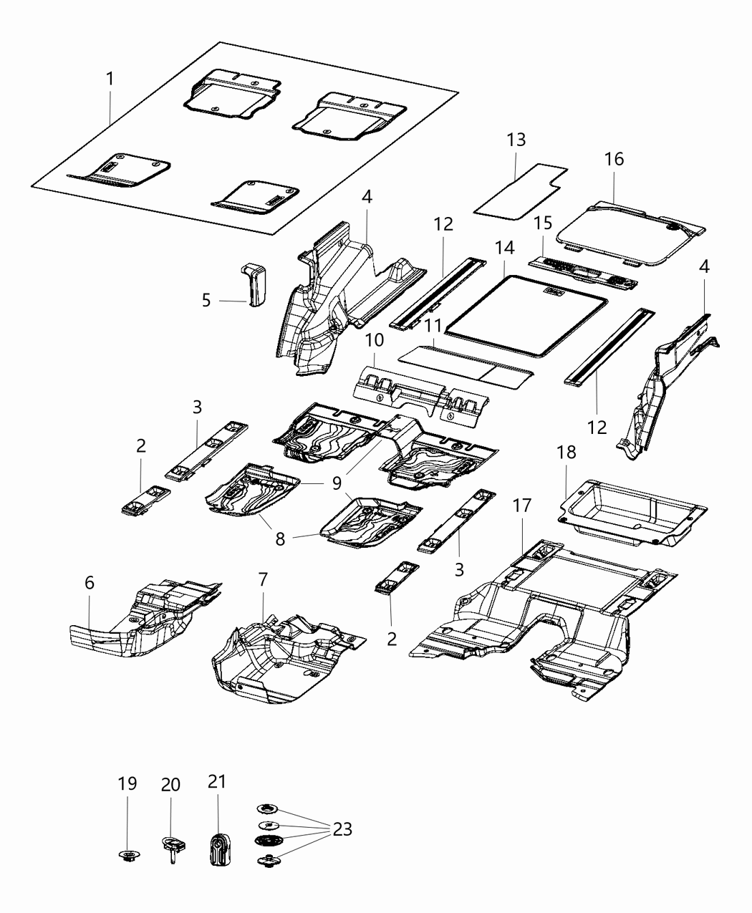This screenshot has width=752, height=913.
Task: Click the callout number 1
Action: click(110, 79)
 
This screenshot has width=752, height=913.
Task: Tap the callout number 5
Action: click(206, 300)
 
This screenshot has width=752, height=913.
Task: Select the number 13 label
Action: click(516, 140)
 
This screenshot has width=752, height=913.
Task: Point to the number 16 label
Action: click(614, 159)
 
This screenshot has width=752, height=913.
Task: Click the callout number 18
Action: click(567, 453)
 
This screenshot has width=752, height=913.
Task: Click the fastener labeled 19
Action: click(127, 855)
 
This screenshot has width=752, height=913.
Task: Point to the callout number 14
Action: click(504, 248)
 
